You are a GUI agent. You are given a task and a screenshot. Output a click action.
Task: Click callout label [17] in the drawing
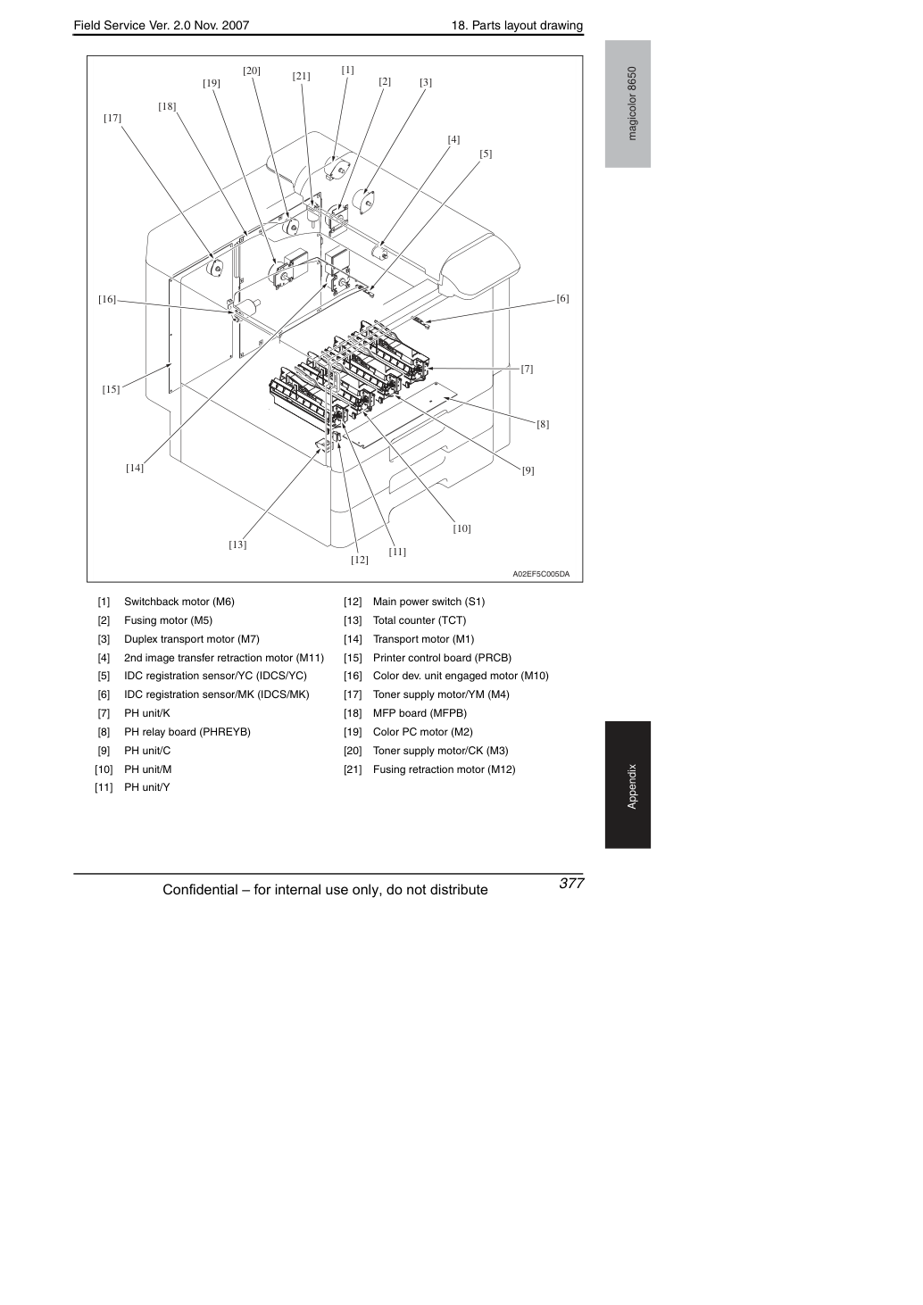(112, 118)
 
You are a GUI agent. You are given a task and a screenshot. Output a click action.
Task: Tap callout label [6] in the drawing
(562, 298)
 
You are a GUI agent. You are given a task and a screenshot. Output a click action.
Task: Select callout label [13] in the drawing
(237, 544)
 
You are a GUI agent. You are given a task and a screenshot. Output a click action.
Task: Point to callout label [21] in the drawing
(301, 77)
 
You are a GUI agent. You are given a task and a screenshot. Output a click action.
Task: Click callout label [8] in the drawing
(543, 424)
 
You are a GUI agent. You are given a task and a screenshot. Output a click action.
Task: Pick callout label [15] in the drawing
(111, 389)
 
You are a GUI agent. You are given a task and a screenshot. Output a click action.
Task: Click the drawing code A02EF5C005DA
(541, 574)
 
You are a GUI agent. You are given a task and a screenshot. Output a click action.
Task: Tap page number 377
(571, 883)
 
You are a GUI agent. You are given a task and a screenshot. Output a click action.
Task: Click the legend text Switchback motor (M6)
(179, 602)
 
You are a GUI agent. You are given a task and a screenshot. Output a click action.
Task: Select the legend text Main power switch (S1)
(428, 602)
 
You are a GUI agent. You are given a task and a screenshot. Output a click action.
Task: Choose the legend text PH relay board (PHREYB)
(187, 732)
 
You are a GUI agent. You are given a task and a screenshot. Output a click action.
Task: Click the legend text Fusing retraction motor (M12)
(444, 769)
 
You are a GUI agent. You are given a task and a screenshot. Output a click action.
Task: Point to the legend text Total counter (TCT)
(420, 620)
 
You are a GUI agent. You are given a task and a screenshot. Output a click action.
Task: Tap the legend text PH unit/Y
(146, 787)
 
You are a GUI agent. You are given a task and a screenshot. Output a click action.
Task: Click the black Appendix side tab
(628, 785)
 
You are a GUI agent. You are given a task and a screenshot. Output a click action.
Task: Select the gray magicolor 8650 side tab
(628, 104)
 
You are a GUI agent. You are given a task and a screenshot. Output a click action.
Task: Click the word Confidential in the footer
(200, 890)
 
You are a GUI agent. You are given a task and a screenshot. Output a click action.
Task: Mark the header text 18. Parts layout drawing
(517, 26)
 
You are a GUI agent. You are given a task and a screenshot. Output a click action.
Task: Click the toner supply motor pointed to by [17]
(215, 268)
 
